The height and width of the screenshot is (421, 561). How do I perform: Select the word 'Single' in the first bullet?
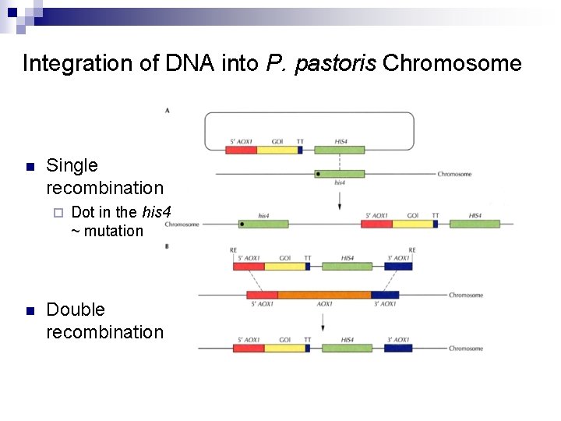[x=72, y=165]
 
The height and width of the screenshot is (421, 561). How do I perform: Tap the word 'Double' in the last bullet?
[x=76, y=310]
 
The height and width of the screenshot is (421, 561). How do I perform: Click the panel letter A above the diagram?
[x=168, y=111]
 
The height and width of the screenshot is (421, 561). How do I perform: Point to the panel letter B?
[x=168, y=246]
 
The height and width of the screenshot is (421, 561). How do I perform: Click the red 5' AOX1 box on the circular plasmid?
[x=242, y=149]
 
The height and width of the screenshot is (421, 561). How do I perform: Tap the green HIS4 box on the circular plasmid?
[x=340, y=149]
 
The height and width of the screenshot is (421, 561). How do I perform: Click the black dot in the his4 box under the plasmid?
[x=319, y=174]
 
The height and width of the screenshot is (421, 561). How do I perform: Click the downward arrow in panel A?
[x=340, y=200]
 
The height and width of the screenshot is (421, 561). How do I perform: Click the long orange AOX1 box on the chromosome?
[x=324, y=295]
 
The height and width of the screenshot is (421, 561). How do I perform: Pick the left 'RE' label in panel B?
[x=235, y=250]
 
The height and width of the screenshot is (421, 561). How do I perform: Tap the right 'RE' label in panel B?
[x=412, y=250]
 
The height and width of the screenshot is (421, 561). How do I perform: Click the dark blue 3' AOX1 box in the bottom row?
[x=400, y=348]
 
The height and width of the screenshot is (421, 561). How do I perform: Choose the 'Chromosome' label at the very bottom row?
[x=466, y=348]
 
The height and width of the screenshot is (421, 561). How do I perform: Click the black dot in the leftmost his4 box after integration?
[x=244, y=224]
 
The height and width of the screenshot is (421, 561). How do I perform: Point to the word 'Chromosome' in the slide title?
[x=453, y=63]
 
